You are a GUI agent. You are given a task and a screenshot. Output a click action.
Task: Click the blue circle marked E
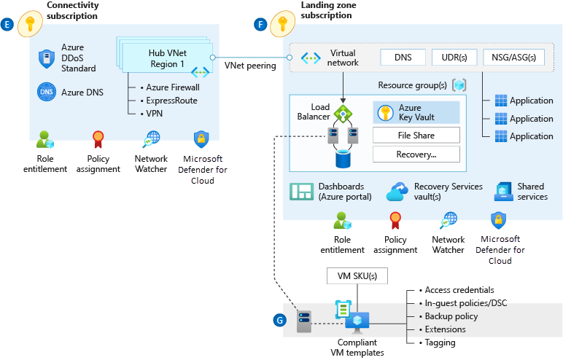click(x=8, y=25)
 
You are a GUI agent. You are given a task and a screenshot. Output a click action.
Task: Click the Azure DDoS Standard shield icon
click(x=47, y=58)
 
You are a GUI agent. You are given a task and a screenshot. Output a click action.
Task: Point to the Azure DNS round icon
click(x=47, y=93)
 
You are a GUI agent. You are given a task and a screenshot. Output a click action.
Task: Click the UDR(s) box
click(x=454, y=58)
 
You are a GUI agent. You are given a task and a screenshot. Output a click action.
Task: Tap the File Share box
click(x=416, y=136)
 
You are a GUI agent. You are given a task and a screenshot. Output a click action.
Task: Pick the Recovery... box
click(x=416, y=154)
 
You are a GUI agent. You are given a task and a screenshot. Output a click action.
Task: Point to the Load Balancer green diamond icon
click(x=343, y=114)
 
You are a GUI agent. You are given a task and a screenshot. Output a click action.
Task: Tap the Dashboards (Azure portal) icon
click(x=301, y=192)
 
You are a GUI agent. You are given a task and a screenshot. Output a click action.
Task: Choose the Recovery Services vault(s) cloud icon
click(x=397, y=192)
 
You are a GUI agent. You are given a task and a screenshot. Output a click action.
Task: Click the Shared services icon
click(x=504, y=192)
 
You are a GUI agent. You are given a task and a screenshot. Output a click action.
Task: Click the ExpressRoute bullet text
click(x=171, y=101)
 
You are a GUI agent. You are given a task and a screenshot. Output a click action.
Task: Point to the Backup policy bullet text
click(x=451, y=316)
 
